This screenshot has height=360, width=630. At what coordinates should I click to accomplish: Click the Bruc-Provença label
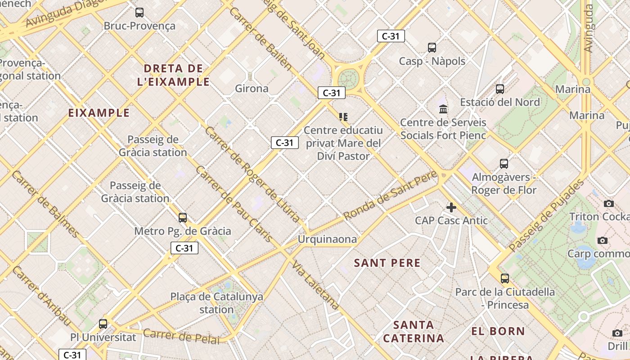pos(139,26)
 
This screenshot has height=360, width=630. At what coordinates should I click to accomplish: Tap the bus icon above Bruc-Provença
pos(139,13)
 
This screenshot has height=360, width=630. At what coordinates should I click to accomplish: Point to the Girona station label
pos(252,88)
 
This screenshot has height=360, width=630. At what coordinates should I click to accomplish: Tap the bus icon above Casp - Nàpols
pos(432,48)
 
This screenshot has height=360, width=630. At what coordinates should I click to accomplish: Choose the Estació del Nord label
pos(499,102)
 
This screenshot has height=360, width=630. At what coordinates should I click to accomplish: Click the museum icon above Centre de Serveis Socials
pos(443,109)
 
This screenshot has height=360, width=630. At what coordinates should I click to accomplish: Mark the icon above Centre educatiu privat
pos(343,117)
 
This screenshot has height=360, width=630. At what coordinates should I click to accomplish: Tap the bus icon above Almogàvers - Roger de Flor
pos(504,164)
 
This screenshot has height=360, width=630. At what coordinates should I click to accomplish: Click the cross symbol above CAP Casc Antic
pos(451,207)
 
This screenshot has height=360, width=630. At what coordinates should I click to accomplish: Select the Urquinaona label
pos(327,239)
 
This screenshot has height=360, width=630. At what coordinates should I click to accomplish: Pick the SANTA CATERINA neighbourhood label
pos(414,331)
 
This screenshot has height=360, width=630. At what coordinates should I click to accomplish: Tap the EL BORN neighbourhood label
pos(498,332)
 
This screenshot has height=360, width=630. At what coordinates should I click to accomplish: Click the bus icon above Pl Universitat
pos(103,324)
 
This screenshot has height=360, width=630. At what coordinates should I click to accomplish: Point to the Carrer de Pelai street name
pos(182,336)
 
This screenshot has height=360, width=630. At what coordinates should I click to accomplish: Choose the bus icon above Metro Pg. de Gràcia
pos(183,218)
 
